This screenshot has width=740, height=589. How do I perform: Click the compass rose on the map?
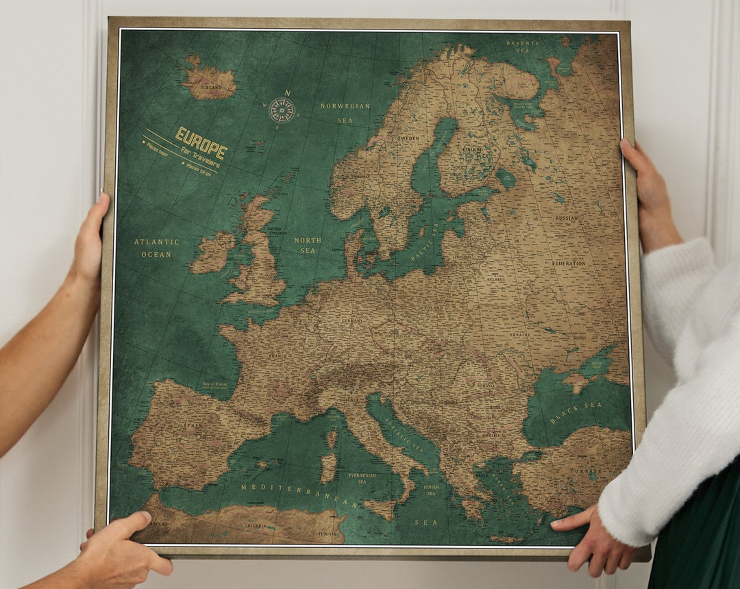pyautogui.click(x=282, y=109)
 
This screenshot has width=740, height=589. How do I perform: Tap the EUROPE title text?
pyautogui.click(x=201, y=142)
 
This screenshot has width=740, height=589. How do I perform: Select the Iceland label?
pyautogui.click(x=210, y=88)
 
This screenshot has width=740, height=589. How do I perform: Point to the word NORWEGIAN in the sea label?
pyautogui.click(x=345, y=106)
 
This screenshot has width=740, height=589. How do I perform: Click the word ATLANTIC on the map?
pyautogui.click(x=156, y=242)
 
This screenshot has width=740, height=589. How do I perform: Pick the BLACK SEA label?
pyautogui.click(x=576, y=413)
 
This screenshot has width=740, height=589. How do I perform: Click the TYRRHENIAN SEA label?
pyautogui.click(x=361, y=478)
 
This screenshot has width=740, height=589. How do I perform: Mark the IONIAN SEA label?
pyautogui.click(x=431, y=490)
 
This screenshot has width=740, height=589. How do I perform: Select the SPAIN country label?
pyautogui.click(x=193, y=425)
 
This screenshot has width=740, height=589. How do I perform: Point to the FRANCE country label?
pyautogui.click(x=277, y=356)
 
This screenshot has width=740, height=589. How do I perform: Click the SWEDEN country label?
pyautogui.click(x=408, y=138)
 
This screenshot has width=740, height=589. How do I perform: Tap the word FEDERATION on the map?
pyautogui.click(x=569, y=263)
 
